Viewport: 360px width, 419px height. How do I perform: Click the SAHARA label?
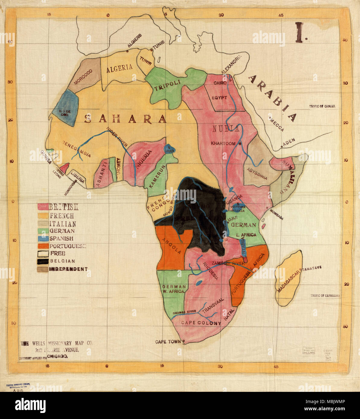click(125, 119)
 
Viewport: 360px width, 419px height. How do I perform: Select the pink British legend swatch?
click(43, 206)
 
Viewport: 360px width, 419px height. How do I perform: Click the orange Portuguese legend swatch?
click(43, 246)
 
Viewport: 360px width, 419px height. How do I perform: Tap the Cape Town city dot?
click(183, 342)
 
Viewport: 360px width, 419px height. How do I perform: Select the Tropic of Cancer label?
click(322, 106)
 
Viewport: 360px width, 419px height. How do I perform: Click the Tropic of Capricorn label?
click(325, 296)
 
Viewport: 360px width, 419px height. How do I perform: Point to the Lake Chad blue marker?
click(168, 148)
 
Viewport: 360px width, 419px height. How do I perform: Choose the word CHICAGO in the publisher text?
click(57, 356)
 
